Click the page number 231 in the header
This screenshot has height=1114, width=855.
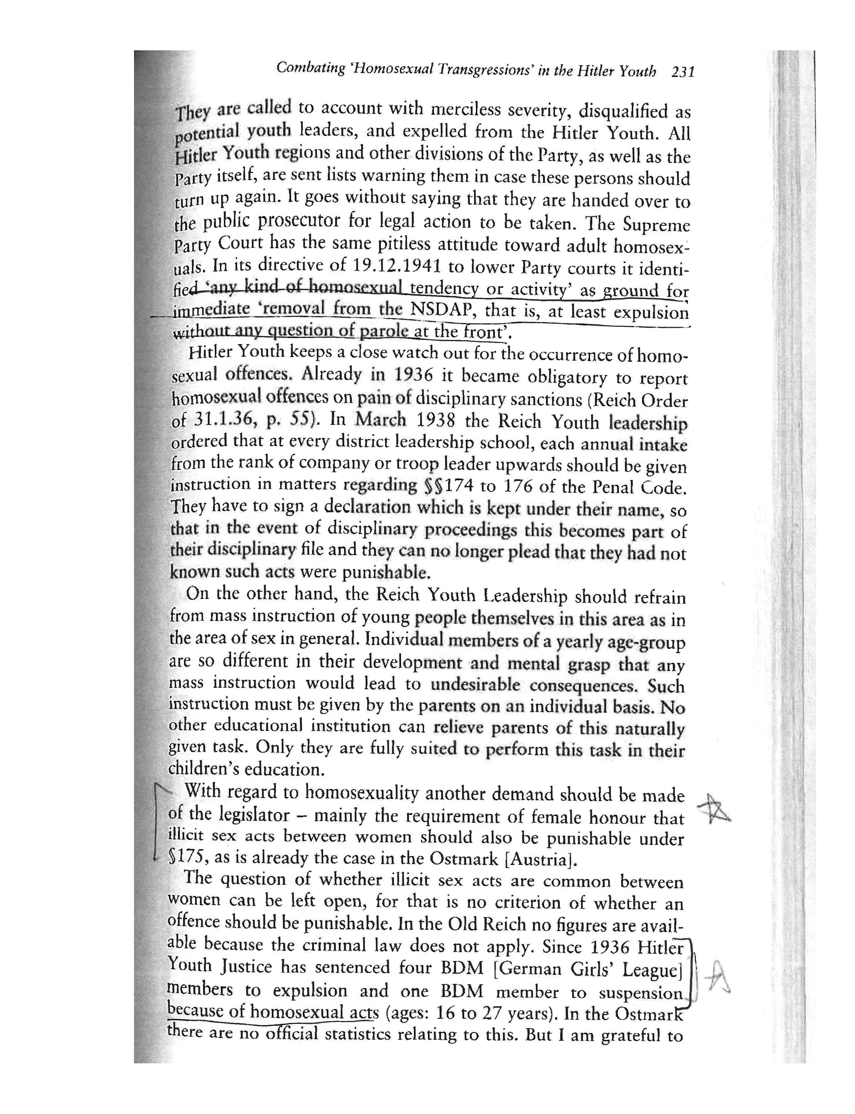683,72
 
